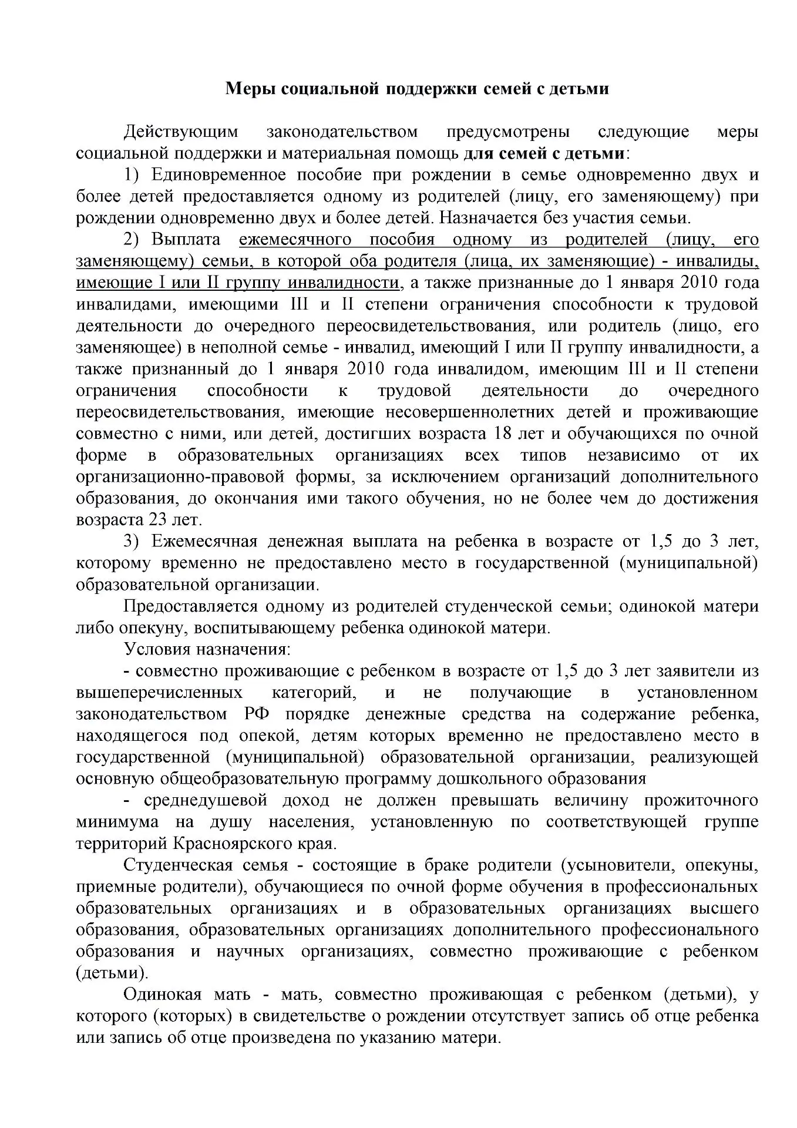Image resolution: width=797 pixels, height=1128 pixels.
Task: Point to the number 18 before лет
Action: coord(497,434)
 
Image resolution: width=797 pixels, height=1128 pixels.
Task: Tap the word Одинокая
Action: coord(163,995)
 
